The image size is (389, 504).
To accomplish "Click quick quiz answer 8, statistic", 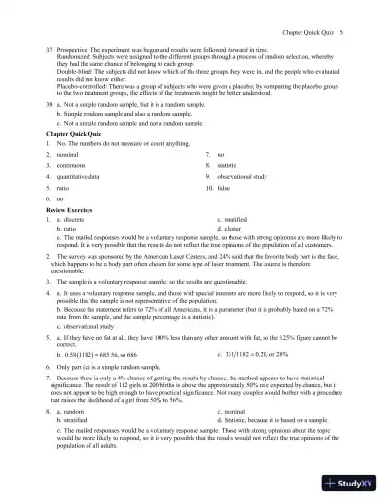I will (x=227, y=166).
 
